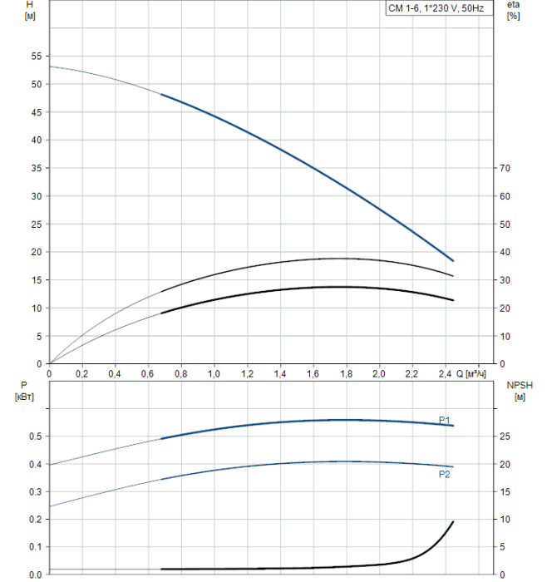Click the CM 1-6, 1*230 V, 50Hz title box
tap(440, 7)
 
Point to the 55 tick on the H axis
tap(36, 57)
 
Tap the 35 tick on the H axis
tap(36, 169)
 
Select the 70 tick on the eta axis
tap(509, 169)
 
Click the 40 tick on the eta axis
tap(509, 253)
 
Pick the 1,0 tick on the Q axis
tap(214, 375)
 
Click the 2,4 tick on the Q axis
tap(444, 375)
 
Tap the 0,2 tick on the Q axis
tap(81, 375)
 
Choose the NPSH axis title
tap(516, 391)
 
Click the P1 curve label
tap(445, 419)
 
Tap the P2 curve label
tap(445, 474)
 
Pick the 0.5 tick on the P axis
tap(36, 436)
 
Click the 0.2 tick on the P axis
tap(36, 520)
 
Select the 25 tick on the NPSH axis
tap(509, 436)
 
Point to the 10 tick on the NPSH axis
tap(509, 520)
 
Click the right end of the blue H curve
tap(453, 261)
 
